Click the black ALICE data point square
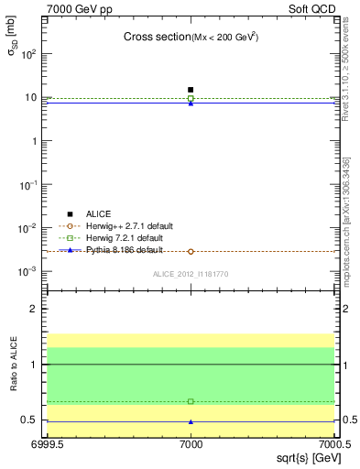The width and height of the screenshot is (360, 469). (191, 90)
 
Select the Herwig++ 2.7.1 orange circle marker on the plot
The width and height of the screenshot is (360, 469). (191, 251)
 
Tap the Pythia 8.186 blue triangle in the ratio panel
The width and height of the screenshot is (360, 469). (191, 422)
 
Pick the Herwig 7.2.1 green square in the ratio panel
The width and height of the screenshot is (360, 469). (191, 401)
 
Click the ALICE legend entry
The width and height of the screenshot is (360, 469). (97, 213)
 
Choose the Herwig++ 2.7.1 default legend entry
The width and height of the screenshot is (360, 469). (123, 225)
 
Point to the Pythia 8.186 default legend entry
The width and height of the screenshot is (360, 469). (119, 249)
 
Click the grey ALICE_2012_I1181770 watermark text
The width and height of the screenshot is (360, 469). (191, 274)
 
